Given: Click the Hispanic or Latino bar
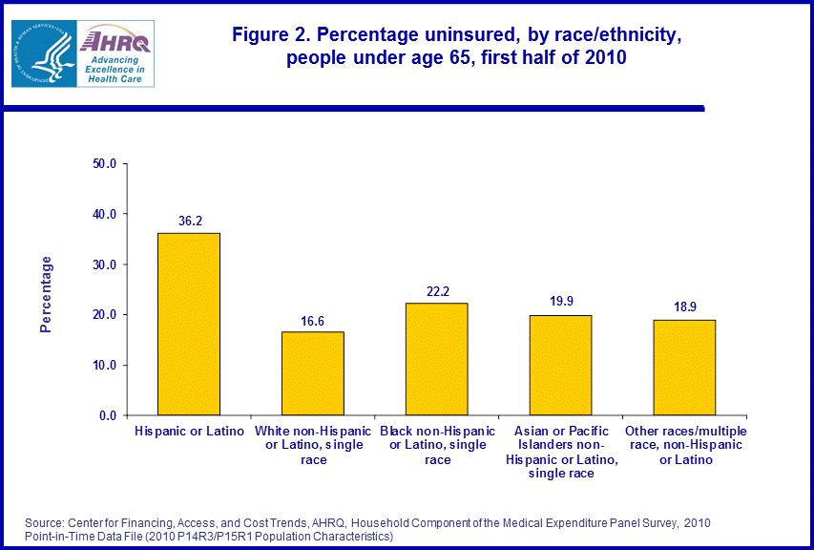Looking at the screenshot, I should coord(189,324).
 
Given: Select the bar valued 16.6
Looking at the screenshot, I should coord(312,373).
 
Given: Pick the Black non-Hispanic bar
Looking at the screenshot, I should coord(436,359).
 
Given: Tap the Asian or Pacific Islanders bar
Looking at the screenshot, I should coord(560,365).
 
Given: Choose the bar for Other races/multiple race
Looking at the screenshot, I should coord(684,368).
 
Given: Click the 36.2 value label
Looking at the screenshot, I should coord(190,222).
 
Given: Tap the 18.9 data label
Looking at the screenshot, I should coord(684,308).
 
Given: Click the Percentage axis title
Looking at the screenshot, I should coord(46,293).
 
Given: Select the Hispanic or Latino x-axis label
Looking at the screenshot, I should coord(189,433).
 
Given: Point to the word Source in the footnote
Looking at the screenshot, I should coord(46,523).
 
